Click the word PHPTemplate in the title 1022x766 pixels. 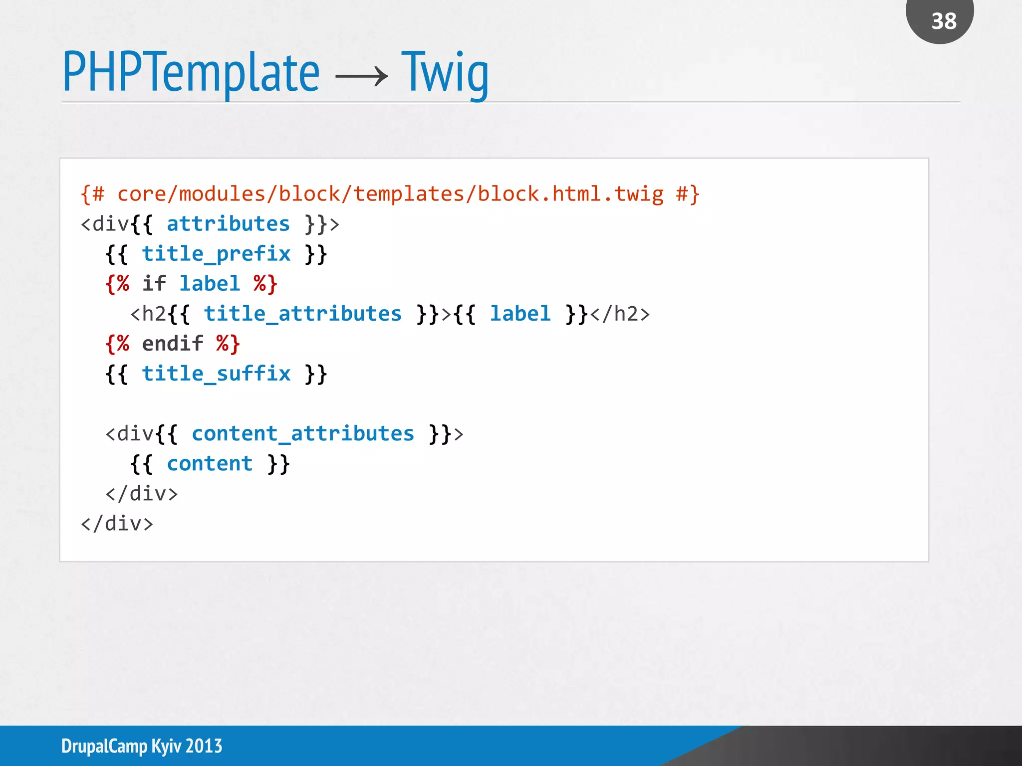click(191, 73)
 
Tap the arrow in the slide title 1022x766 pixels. click(361, 76)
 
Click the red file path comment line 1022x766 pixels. click(390, 194)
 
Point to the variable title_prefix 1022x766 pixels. click(216, 254)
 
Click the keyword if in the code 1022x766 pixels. click(154, 284)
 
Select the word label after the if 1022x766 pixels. click(210, 284)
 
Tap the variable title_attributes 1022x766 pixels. click(302, 314)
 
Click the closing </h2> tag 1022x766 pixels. click(620, 314)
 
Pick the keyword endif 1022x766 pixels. click(172, 344)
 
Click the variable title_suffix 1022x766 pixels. click(216, 374)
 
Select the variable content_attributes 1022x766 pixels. click(302, 434)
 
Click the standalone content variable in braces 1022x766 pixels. click(210, 464)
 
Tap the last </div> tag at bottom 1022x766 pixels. click(117, 524)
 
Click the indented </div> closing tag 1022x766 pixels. click(141, 494)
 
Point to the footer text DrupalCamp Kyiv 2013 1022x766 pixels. click(142, 746)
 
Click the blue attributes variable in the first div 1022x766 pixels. click(228, 224)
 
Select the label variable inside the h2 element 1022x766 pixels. click(520, 314)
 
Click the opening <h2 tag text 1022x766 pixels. click(148, 314)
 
